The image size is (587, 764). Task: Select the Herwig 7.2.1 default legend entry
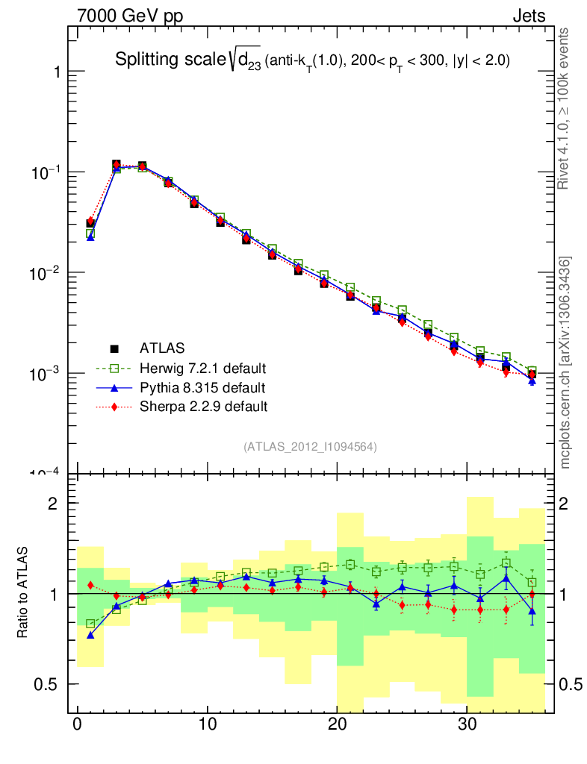point(202,368)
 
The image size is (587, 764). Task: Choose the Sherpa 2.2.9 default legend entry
point(203,407)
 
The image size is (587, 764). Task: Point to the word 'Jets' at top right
point(528,16)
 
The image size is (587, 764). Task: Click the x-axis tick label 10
point(208,724)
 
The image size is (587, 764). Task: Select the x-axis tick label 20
point(338,724)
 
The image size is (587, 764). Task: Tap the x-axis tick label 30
point(468,724)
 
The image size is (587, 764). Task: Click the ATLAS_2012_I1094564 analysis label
point(310,447)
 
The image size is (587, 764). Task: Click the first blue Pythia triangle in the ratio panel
point(90,635)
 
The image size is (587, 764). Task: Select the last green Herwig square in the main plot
point(532,372)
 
